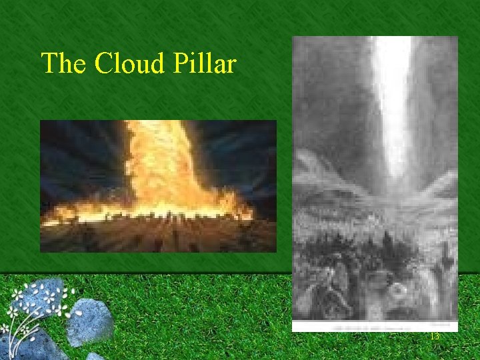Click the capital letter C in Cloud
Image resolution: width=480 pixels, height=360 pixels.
point(103,64)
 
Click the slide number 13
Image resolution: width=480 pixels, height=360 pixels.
point(435,337)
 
